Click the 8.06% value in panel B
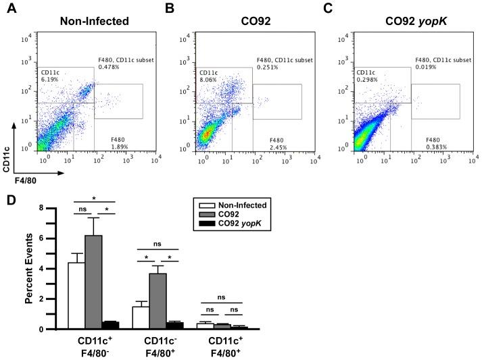click(208, 79)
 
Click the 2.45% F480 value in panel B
click(279, 146)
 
